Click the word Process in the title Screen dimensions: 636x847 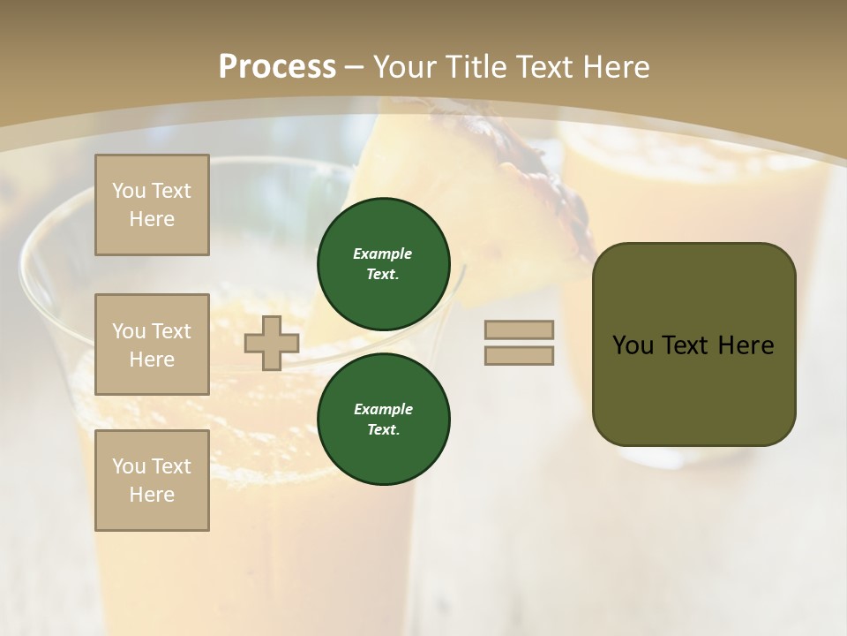pyautogui.click(x=277, y=67)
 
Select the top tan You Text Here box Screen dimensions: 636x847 pyautogui.click(x=152, y=205)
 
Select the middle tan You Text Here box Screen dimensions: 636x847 pyautogui.click(x=152, y=344)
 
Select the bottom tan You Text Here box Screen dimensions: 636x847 pyautogui.click(x=152, y=481)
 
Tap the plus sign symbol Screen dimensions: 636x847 pyautogui.click(x=272, y=343)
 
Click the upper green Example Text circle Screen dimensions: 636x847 pyautogui.click(x=384, y=264)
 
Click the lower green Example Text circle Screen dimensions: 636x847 pyautogui.click(x=384, y=420)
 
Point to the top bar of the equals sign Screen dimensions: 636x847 pyautogui.click(x=519, y=329)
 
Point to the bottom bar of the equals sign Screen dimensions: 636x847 pyautogui.click(x=519, y=355)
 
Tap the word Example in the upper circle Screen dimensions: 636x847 pyautogui.click(x=383, y=254)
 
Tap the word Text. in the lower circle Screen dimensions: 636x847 pyautogui.click(x=383, y=430)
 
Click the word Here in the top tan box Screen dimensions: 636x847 pyautogui.click(x=152, y=219)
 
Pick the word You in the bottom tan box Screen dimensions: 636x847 pyautogui.click(x=129, y=466)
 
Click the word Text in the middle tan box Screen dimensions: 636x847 pyautogui.click(x=171, y=331)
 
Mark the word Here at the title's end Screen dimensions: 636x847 pyautogui.click(x=615, y=67)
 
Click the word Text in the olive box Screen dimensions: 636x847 pyautogui.click(x=687, y=345)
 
